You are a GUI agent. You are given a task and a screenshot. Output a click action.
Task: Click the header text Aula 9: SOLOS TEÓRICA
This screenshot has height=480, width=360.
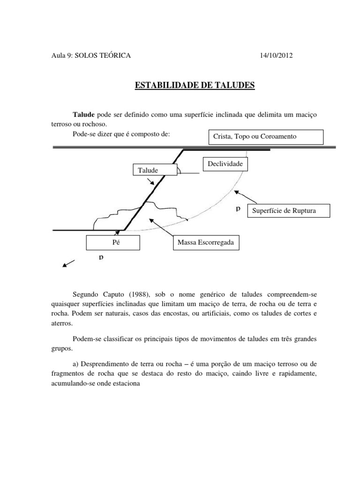[x=91, y=56]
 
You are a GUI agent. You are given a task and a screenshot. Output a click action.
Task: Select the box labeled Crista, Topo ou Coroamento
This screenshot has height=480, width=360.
[x=265, y=137]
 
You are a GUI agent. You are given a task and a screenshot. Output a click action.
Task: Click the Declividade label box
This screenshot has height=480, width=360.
[x=225, y=165]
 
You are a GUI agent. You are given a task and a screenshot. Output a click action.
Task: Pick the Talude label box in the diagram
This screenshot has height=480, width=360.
[x=148, y=171]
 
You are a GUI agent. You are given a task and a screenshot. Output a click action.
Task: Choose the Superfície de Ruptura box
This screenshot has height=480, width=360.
[x=291, y=210]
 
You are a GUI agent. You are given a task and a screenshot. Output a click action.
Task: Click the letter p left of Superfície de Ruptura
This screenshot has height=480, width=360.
[x=238, y=209]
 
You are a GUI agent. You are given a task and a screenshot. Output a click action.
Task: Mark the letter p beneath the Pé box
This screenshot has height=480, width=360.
[x=101, y=257]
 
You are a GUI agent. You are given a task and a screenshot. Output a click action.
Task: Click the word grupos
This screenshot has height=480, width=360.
[x=61, y=348]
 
